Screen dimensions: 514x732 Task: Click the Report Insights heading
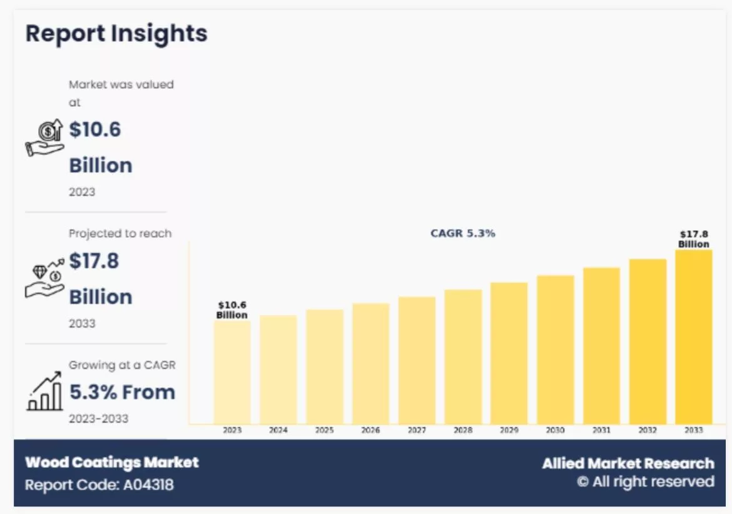click(x=116, y=33)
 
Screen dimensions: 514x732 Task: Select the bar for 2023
click(x=232, y=372)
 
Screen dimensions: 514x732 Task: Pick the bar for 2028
click(x=463, y=356)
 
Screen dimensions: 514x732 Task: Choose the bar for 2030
click(x=555, y=350)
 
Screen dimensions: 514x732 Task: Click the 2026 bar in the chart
click(x=370, y=363)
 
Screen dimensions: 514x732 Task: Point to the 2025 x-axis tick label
click(x=324, y=430)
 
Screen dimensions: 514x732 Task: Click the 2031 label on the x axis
click(x=601, y=430)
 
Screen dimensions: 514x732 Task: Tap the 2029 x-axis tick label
click(x=509, y=430)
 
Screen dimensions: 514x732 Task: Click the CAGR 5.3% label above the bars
click(x=462, y=233)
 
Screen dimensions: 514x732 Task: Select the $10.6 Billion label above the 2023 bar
click(x=232, y=310)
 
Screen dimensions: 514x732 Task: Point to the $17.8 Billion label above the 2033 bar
click(x=693, y=239)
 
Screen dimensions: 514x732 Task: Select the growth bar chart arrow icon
click(x=44, y=391)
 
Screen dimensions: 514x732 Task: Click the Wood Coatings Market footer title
click(x=112, y=463)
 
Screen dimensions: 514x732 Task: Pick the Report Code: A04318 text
click(x=99, y=485)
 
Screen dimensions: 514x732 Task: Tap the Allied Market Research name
click(x=628, y=463)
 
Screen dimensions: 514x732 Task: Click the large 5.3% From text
click(x=122, y=392)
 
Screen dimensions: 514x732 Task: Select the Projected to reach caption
click(x=120, y=233)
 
